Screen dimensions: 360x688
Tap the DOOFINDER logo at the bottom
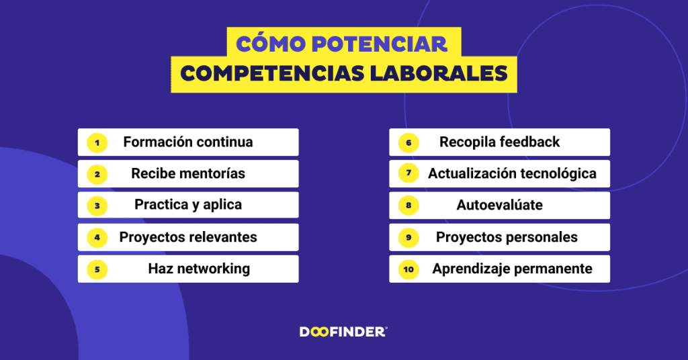tap(343, 331)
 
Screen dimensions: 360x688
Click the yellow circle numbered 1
tap(97, 142)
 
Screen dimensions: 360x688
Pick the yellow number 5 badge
tap(97, 269)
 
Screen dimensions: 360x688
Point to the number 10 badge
tap(408, 269)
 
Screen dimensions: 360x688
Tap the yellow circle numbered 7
tap(408, 174)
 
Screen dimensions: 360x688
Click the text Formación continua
tap(188, 142)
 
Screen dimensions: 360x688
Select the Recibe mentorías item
tap(188, 174)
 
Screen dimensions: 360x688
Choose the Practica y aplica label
tap(188, 205)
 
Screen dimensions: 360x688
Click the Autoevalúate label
tap(499, 205)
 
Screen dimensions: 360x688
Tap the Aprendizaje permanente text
tap(512, 269)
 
